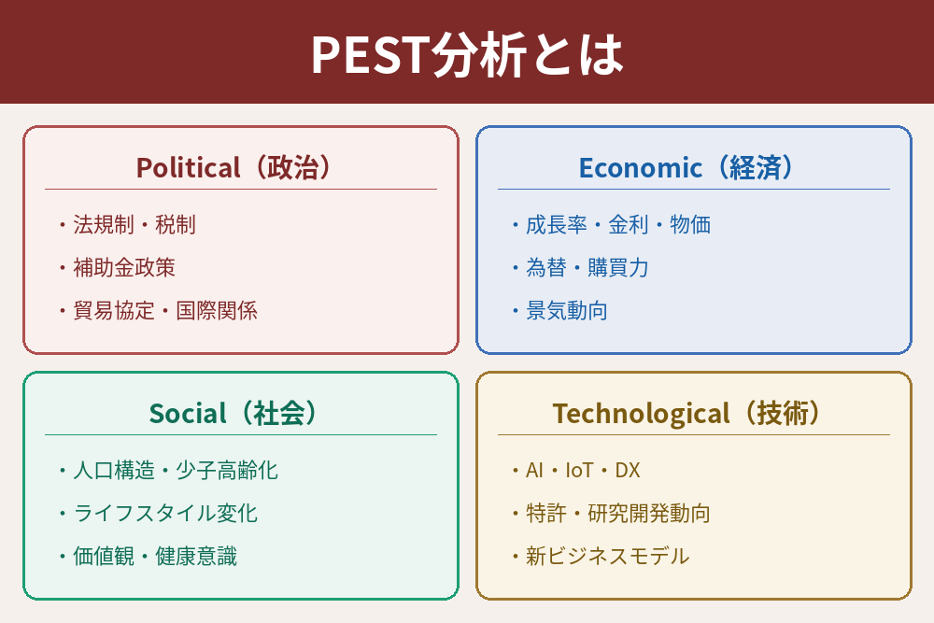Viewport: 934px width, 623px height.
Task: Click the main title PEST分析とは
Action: pos(467,54)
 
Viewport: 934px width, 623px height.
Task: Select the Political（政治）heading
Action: pos(233,167)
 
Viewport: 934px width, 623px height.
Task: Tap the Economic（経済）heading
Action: pos(686,167)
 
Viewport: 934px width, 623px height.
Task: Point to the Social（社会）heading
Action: pos(233,413)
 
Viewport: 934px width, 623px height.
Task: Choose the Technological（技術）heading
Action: pos(686,413)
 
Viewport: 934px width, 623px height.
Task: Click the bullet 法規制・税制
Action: pos(128,224)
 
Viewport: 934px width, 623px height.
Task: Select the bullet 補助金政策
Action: pos(118,267)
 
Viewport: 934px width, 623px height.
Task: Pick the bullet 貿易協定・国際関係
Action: pos(159,310)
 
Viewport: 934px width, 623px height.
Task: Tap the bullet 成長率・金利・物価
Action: pos(612,224)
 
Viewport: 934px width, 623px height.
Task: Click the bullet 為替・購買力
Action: pos(581,267)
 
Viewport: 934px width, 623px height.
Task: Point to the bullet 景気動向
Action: pos(559,310)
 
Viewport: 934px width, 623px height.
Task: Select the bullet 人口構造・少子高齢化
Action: pos(168,470)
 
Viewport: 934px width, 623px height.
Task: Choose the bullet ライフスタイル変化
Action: pos(159,513)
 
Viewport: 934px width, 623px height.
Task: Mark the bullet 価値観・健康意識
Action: pos(149,556)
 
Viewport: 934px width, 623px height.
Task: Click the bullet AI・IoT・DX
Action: pos(576,470)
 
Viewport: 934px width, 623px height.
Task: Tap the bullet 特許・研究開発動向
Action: pos(611,513)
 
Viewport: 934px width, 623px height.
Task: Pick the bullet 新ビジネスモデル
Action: pos(601,556)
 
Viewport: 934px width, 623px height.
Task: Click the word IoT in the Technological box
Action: pos(579,470)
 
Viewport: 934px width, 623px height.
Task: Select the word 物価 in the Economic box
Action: pos(690,224)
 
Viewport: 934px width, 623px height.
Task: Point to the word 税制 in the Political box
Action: pos(176,224)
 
